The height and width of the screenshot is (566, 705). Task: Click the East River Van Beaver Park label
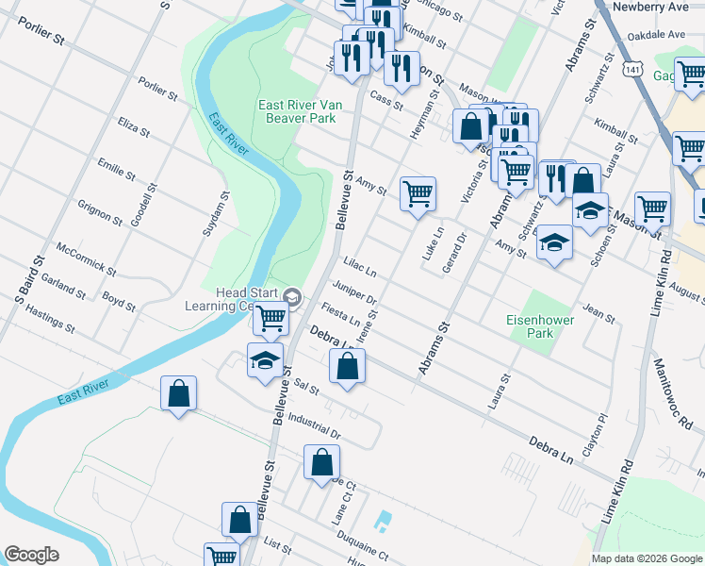[298, 111]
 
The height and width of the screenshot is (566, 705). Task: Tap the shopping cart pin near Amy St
[418, 195]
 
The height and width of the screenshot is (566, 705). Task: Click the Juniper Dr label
[354, 293]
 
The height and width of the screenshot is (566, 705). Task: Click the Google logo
[31, 555]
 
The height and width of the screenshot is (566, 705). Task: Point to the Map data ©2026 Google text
[647, 558]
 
